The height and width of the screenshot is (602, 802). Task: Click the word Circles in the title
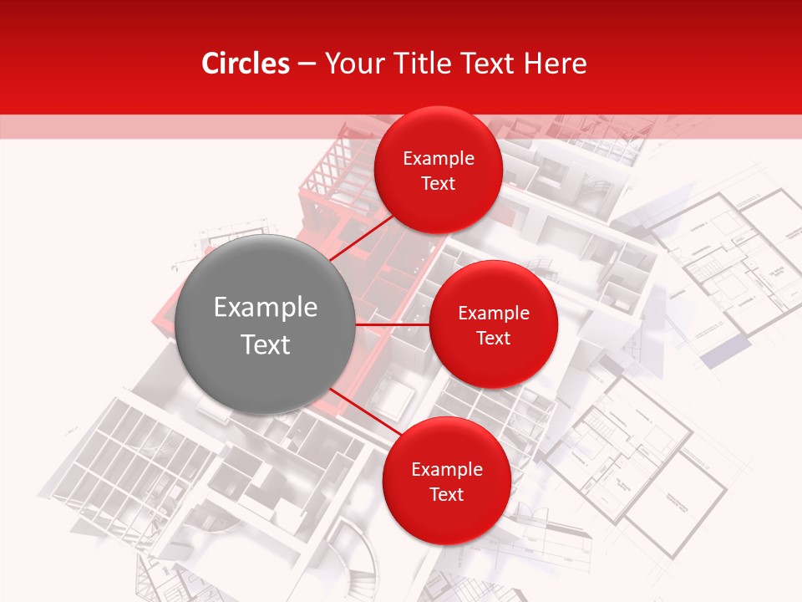tap(246, 64)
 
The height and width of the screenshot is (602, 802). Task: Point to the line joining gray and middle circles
tap(392, 324)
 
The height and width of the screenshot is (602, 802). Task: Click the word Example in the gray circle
tap(266, 308)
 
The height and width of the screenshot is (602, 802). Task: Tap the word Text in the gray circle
tap(266, 344)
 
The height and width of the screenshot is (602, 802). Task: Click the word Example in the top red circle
tap(439, 159)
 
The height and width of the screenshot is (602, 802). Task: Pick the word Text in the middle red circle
tap(493, 338)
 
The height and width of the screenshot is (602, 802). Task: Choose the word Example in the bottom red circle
tap(447, 469)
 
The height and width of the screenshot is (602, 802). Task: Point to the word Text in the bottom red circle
tap(446, 494)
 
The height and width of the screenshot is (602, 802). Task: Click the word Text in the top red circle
tap(439, 183)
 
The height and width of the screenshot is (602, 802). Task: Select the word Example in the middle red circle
tap(494, 314)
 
